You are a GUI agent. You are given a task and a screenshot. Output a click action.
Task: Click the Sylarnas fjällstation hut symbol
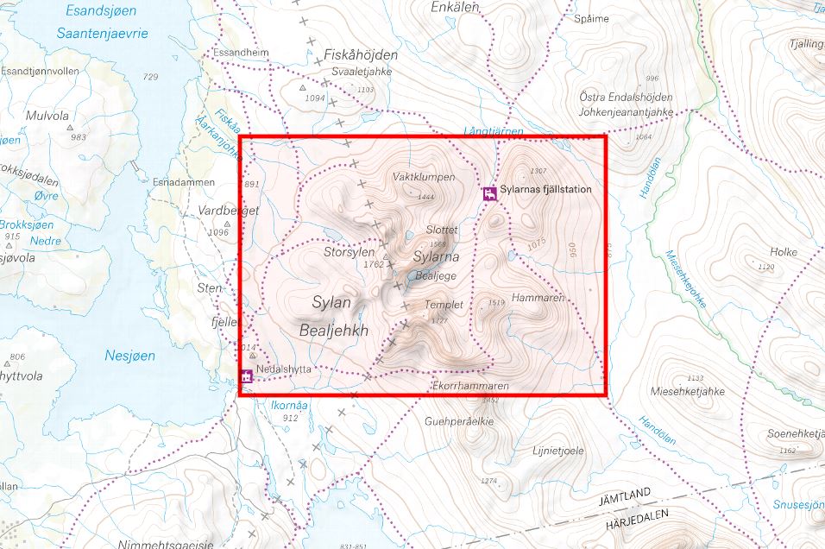click(x=489, y=194)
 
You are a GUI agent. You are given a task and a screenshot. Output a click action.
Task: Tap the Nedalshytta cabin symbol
click(x=247, y=376)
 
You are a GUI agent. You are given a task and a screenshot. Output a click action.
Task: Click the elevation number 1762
click(x=373, y=264)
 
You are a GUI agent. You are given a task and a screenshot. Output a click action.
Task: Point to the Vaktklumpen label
click(x=423, y=177)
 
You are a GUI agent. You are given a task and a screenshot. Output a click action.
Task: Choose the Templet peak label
click(x=444, y=305)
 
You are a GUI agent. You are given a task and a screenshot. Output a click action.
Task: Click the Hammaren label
click(x=538, y=297)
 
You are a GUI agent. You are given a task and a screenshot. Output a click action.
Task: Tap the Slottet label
click(x=441, y=230)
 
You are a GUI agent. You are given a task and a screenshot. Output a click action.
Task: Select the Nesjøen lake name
click(x=129, y=355)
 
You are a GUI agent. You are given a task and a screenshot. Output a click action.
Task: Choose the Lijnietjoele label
click(x=558, y=451)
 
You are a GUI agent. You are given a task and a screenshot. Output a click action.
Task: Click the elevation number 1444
click(x=425, y=198)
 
